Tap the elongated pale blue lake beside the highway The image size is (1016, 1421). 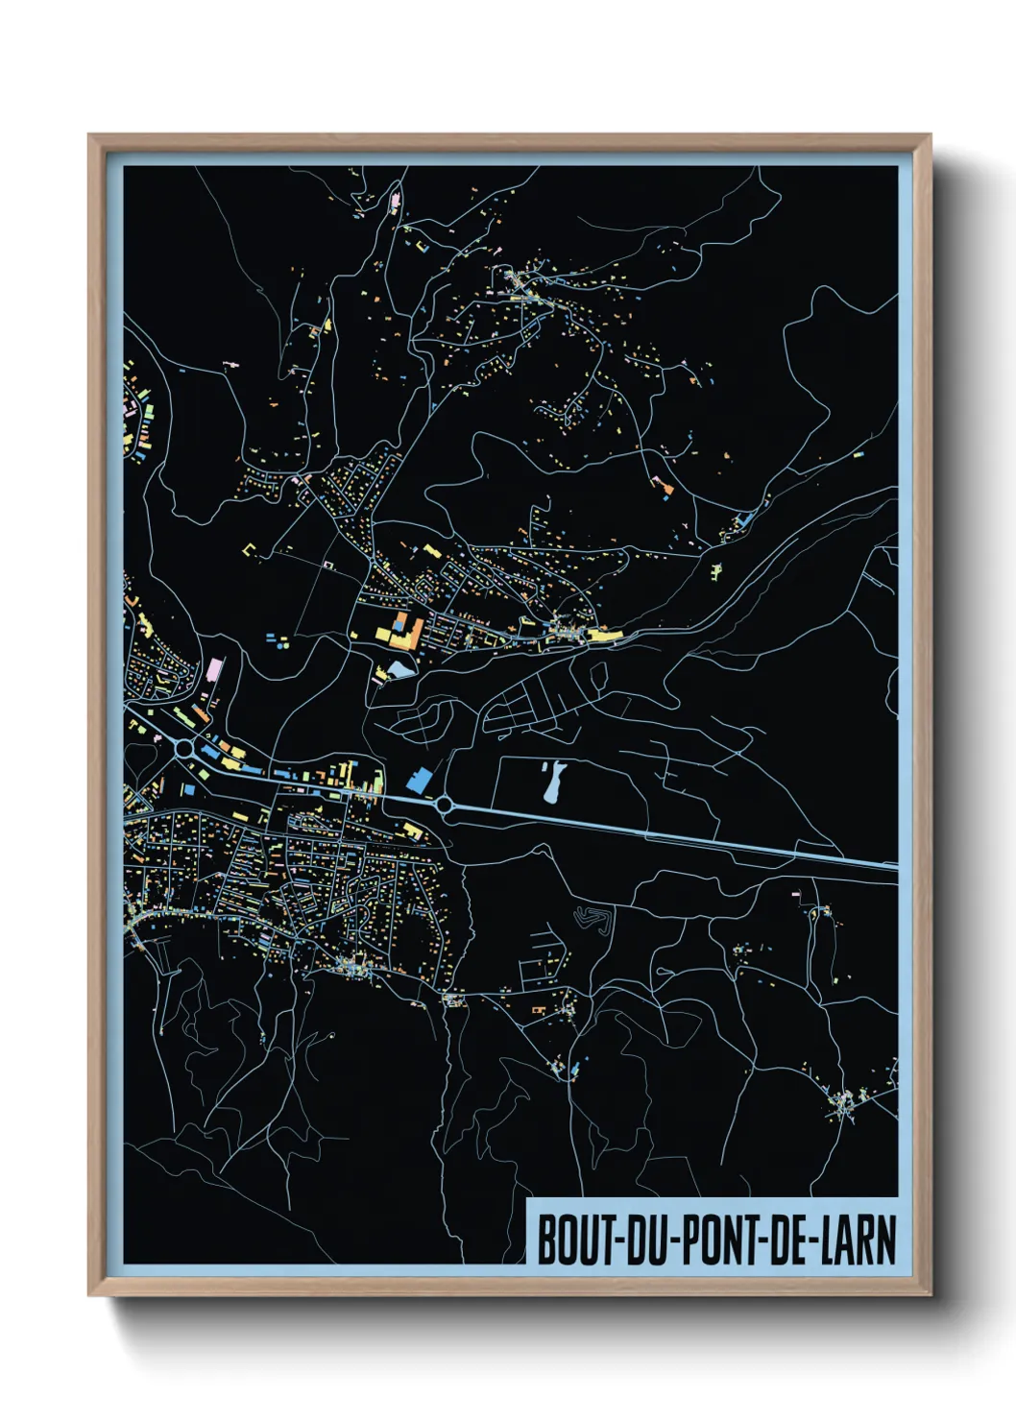(x=551, y=782)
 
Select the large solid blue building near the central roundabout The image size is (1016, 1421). (x=419, y=780)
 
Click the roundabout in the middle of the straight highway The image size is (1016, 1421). (x=445, y=805)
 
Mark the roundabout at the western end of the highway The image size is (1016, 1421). (x=182, y=747)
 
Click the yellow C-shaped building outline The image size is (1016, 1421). (x=254, y=549)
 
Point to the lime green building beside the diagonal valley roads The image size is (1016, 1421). (x=717, y=572)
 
